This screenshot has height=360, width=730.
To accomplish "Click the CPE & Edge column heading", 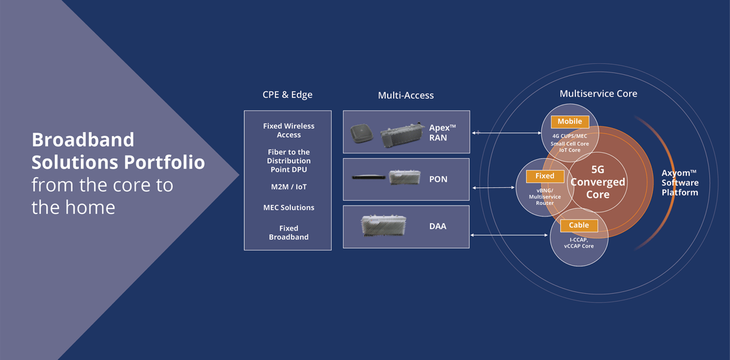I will (x=287, y=95).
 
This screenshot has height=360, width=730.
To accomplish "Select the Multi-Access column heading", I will (x=406, y=95).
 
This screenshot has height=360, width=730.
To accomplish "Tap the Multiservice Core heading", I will (x=598, y=94).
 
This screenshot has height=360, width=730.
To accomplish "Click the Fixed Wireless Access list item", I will (x=288, y=130).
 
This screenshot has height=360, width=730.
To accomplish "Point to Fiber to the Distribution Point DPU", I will (x=289, y=161).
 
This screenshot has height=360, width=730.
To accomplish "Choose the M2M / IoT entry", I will (x=289, y=187).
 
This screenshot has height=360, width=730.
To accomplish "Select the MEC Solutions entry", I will (x=289, y=207).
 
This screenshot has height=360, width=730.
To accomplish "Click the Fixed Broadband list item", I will (x=289, y=232).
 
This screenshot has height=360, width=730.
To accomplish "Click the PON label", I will (x=438, y=179).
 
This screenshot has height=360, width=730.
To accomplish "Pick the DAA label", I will (x=437, y=226).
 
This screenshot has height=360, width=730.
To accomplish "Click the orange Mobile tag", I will (x=570, y=122).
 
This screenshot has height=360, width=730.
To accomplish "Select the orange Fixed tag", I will (x=544, y=176).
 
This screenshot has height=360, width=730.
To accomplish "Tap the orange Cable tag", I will (x=579, y=225).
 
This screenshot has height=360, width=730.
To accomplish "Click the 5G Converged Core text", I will (x=597, y=182).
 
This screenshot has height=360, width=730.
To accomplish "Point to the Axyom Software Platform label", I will (x=680, y=182).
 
